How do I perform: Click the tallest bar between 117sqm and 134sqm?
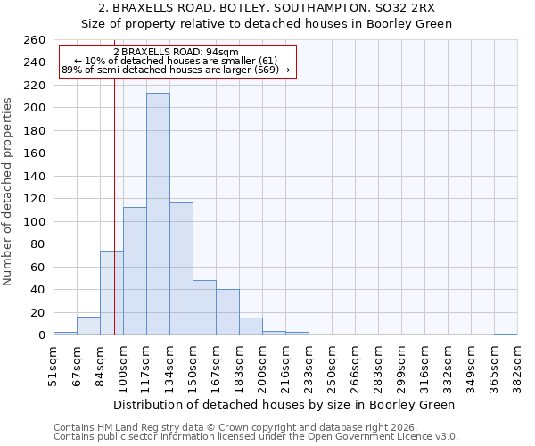tap(158, 214)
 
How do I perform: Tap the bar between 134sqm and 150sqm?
tap(181, 268)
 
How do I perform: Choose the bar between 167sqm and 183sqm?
tap(227, 312)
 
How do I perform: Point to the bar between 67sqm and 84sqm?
tap(88, 326)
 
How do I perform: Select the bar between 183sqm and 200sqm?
tap(251, 326)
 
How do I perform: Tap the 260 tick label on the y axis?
tap(34, 40)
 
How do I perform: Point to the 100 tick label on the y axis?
tap(34, 222)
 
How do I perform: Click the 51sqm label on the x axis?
tap(53, 366)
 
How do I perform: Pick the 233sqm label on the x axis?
tap(309, 366)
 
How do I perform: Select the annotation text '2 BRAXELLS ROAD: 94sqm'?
tap(176, 52)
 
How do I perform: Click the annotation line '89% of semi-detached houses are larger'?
tap(176, 70)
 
